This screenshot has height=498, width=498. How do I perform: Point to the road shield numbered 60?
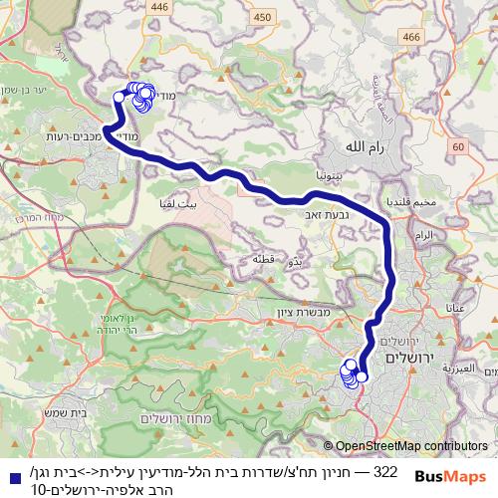(x=457, y=147)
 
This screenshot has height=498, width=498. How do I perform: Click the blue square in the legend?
(x=10, y=471)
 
